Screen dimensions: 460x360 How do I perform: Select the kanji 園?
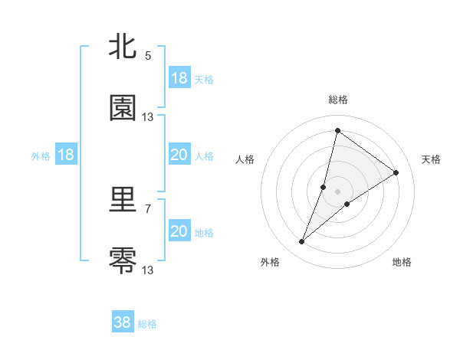[123, 108]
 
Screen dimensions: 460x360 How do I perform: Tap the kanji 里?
[123, 201]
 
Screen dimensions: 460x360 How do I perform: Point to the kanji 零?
[123, 260]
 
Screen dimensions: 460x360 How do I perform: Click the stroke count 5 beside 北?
[148, 56]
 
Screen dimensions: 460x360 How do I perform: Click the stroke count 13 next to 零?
[148, 270]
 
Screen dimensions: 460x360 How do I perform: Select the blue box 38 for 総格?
[123, 322]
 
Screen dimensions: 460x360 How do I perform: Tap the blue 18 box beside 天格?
[179, 78]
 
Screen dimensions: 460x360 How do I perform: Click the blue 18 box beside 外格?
[66, 155]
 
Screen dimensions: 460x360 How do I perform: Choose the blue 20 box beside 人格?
[179, 155]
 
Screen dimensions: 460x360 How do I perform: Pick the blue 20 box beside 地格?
[179, 231]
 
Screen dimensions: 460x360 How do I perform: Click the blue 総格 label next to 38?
[147, 324]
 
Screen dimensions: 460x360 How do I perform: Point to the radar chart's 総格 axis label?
[338, 100]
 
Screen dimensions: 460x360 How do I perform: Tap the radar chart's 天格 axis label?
[431, 159]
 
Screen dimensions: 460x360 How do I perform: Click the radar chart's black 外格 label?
[270, 262]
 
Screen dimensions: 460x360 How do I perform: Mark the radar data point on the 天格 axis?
[396, 172]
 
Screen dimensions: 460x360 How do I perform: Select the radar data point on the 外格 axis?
[302, 242]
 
